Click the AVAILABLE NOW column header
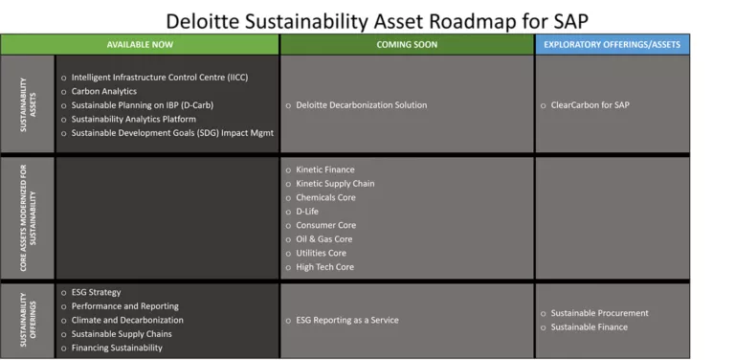click(140, 44)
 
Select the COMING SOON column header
click(407, 44)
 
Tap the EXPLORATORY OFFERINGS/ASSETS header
click(612, 44)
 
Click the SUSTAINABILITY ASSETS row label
click(28, 104)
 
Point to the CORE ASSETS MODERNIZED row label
click(28, 217)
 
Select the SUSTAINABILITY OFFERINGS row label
click(28, 320)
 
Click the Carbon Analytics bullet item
click(103, 91)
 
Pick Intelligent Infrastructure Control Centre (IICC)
click(160, 77)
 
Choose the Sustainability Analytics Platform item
click(140, 119)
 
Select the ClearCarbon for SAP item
click(590, 105)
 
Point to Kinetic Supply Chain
click(335, 184)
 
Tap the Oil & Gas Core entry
click(323, 239)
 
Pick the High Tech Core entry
click(324, 267)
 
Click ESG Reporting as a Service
click(346, 320)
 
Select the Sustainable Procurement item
click(599, 313)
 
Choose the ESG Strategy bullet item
click(96, 292)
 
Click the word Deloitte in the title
click(207, 19)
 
